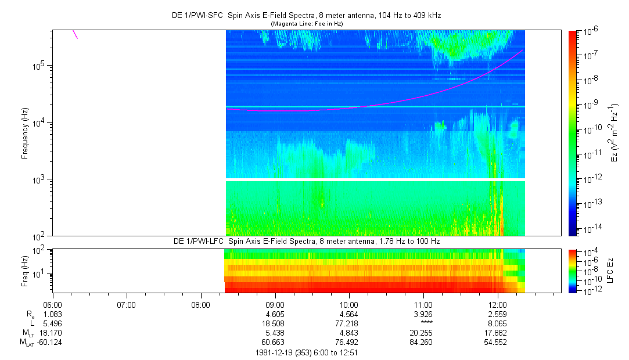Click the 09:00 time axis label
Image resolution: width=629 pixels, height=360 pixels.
pyautogui.click(x=275, y=304)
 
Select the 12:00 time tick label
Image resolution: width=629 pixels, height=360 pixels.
pyautogui.click(x=498, y=304)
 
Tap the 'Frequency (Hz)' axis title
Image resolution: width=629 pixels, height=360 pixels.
pyautogui.click(x=25, y=133)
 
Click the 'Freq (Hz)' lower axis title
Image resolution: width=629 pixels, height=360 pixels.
pyautogui.click(x=25, y=271)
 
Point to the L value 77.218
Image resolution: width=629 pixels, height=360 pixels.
pyautogui.click(x=349, y=323)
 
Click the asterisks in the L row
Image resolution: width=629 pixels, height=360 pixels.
pyautogui.click(x=423, y=323)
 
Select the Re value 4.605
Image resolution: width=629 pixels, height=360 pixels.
pyautogui.click(x=275, y=314)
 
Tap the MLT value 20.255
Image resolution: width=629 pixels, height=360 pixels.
pyautogui.click(x=423, y=332)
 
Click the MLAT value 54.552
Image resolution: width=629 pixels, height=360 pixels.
pyautogui.click(x=498, y=342)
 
